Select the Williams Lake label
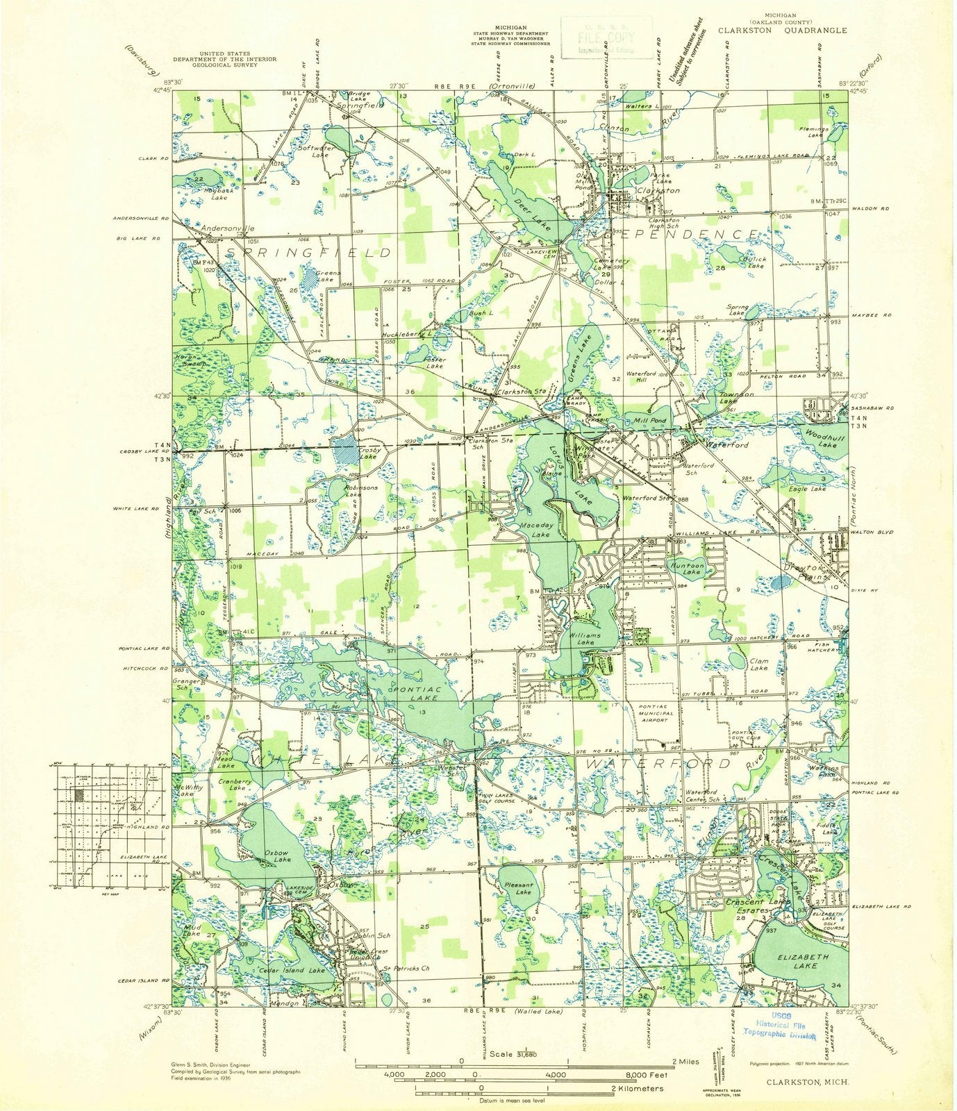pos(590,639)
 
